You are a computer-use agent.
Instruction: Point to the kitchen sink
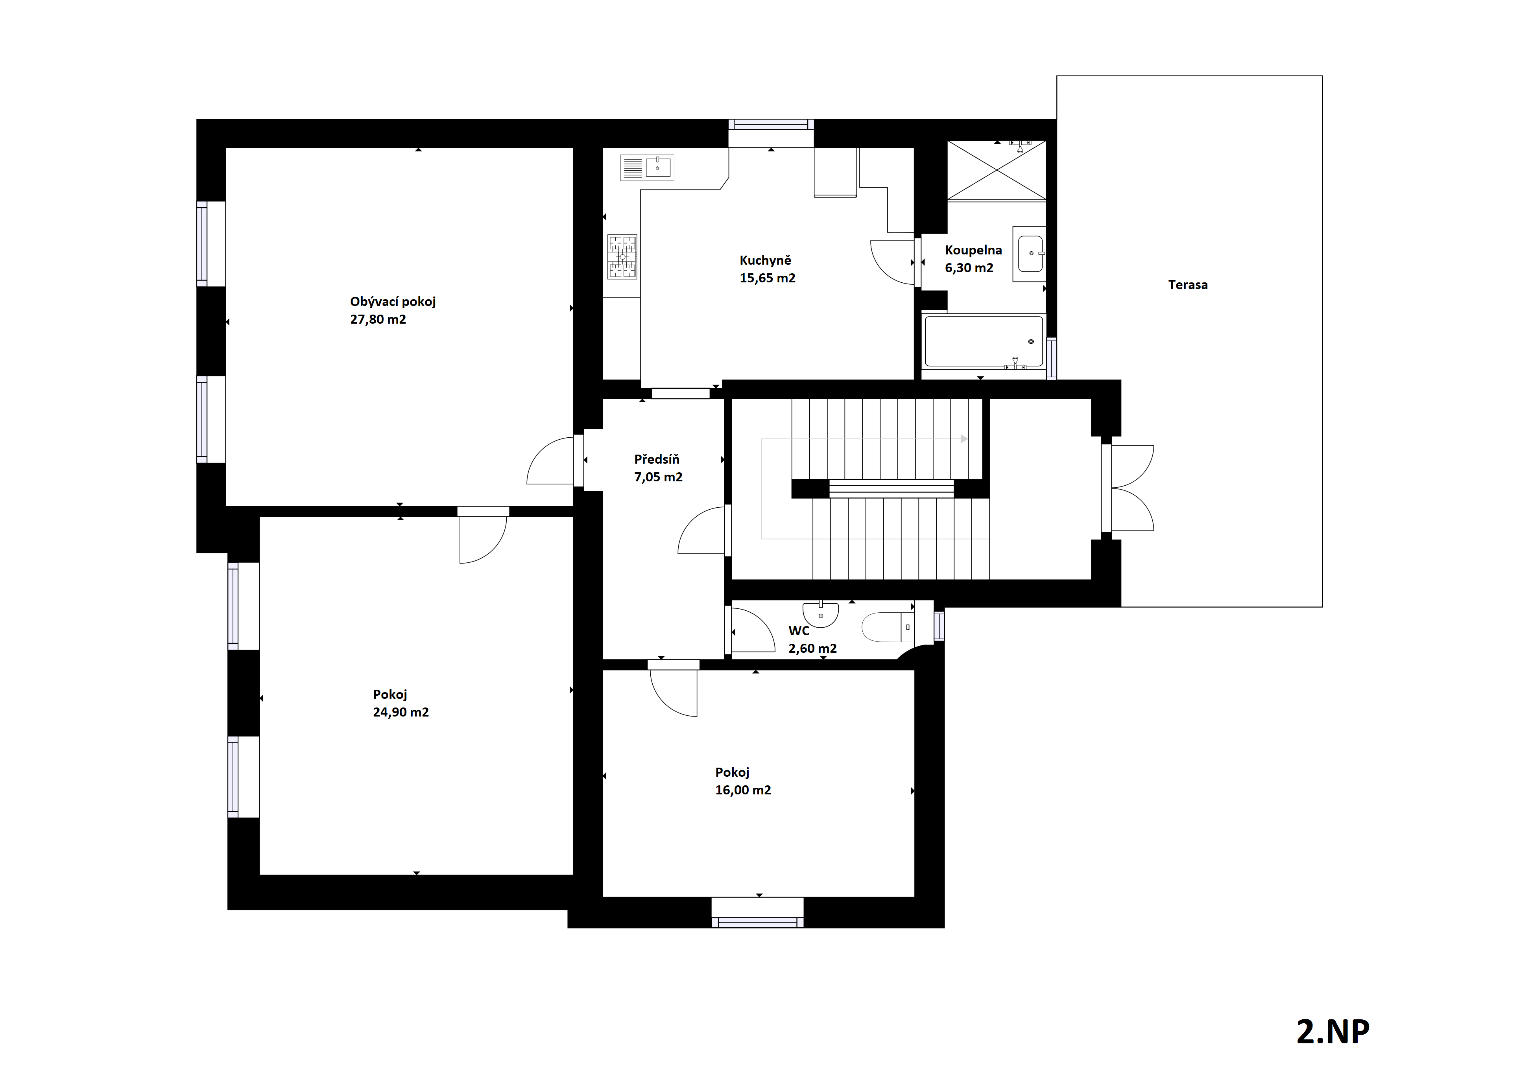(647, 168)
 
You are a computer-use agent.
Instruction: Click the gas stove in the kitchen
(622, 256)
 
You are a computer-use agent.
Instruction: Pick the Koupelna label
(973, 251)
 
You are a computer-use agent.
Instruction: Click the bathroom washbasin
(1030, 254)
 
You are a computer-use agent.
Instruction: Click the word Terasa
(1188, 285)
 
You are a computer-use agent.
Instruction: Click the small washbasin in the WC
(820, 613)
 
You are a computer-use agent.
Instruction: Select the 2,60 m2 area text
(812, 649)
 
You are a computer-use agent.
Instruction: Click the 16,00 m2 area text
(743, 790)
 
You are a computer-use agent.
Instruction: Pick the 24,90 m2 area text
(401, 712)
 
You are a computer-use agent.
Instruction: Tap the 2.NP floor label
(1333, 1032)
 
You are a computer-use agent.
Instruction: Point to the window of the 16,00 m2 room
(757, 913)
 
